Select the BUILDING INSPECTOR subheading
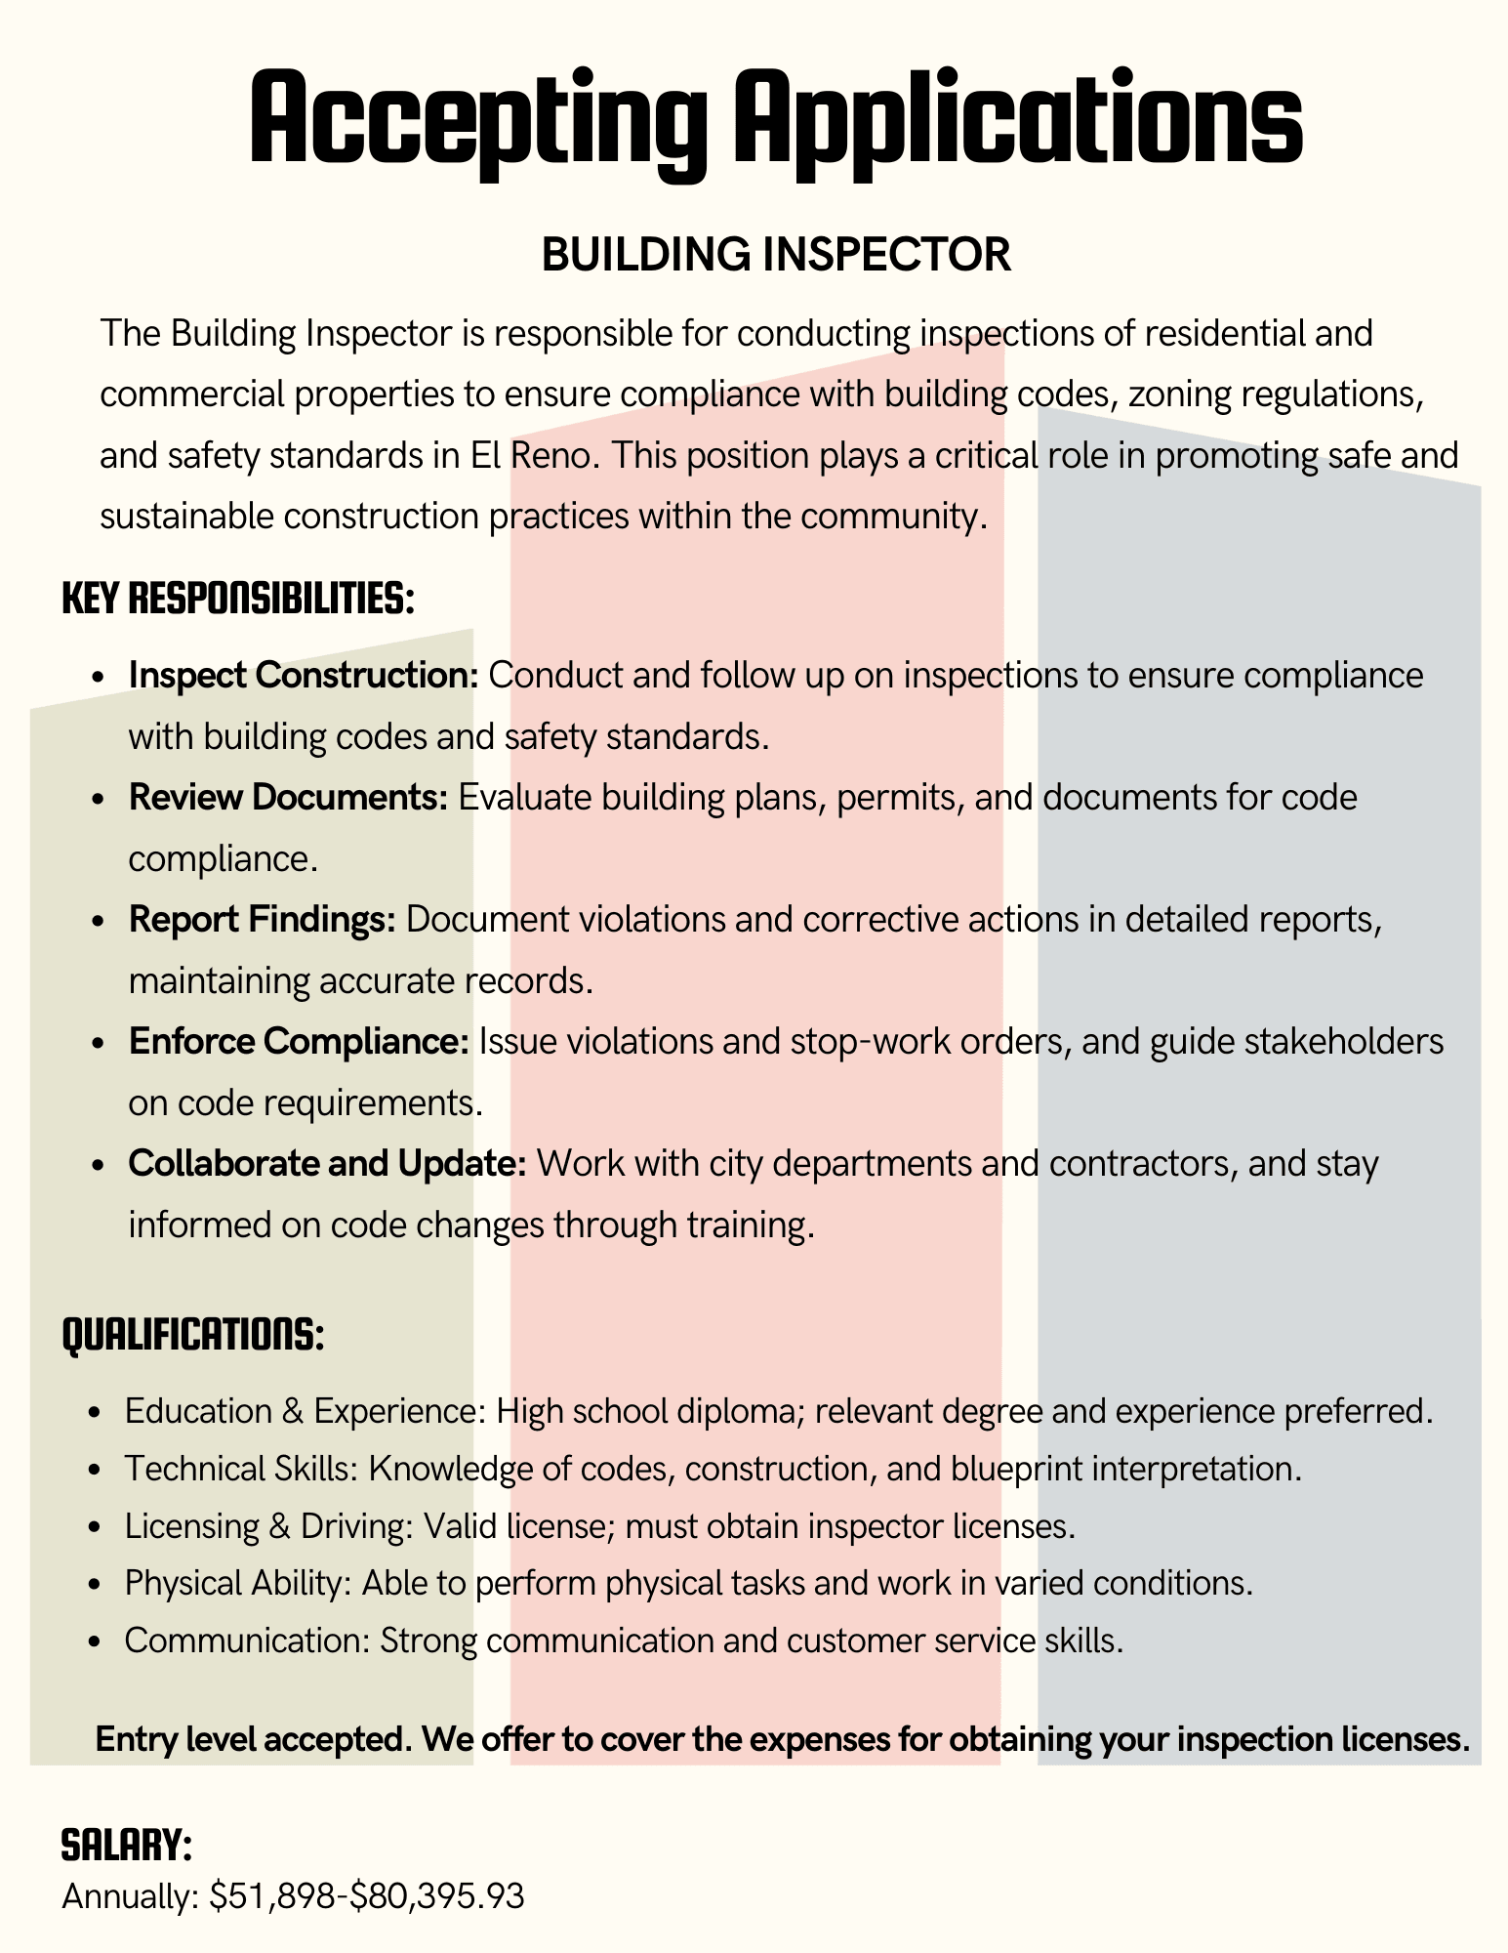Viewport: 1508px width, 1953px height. click(776, 256)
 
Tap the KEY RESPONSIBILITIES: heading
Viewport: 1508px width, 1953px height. click(239, 598)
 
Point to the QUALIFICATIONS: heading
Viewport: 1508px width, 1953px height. click(193, 1334)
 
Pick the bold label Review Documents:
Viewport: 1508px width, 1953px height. click(288, 797)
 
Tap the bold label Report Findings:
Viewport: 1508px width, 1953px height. click(262, 919)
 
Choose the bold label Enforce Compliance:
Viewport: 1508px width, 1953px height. click(299, 1041)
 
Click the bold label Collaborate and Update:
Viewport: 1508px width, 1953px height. click(328, 1163)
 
